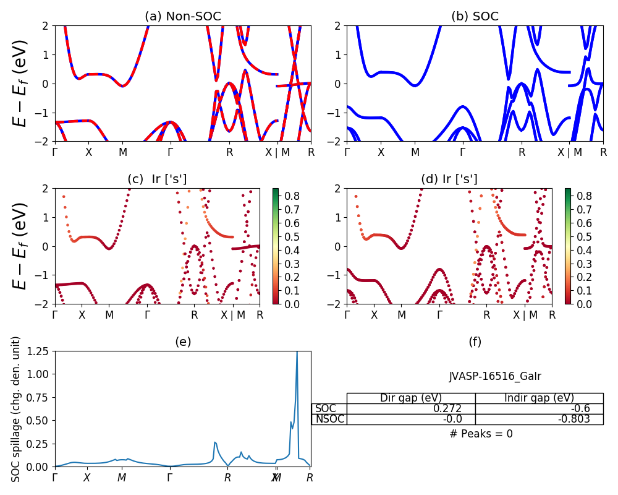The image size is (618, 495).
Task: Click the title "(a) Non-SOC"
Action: click(x=183, y=17)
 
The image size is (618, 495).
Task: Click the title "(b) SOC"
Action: click(x=475, y=17)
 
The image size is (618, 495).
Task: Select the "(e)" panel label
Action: click(x=183, y=342)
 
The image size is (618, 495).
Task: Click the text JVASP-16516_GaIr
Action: click(x=495, y=376)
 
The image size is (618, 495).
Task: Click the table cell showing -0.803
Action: click(x=574, y=420)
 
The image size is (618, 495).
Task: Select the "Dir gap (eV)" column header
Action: click(x=411, y=398)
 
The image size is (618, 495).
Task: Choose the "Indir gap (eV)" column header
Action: click(x=539, y=398)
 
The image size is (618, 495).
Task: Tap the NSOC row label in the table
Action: click(x=329, y=420)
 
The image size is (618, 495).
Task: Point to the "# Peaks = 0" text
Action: click(x=481, y=434)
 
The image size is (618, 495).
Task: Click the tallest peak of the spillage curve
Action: click(x=297, y=352)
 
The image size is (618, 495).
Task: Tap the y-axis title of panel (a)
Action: click(x=22, y=83)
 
